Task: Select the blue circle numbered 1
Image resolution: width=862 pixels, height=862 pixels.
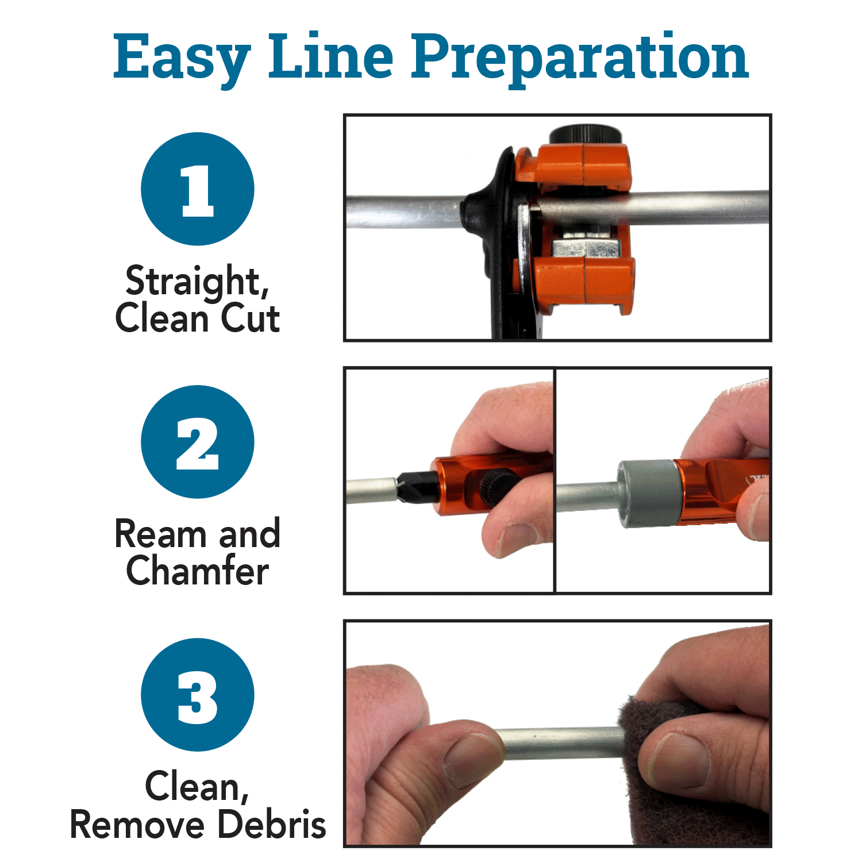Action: [x=198, y=189]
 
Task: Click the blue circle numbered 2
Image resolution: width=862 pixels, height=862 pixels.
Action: [x=198, y=442]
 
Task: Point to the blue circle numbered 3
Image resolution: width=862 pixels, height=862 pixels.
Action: [x=198, y=695]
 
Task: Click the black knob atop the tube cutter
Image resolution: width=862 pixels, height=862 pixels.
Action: [x=585, y=136]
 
